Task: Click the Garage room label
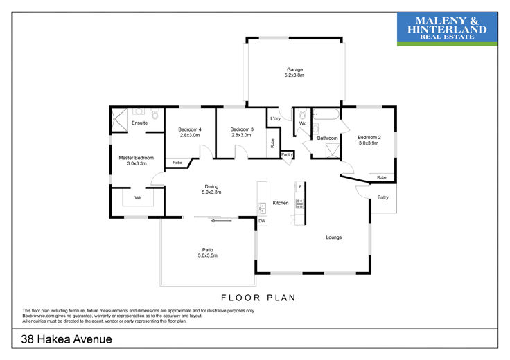pyautogui.click(x=294, y=69)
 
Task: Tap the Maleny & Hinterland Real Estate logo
pyautogui.click(x=447, y=29)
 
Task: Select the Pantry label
pyautogui.click(x=287, y=154)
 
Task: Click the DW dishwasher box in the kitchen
pyautogui.click(x=262, y=221)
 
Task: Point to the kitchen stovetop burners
pyautogui.click(x=299, y=204)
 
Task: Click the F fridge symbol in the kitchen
pyautogui.click(x=300, y=186)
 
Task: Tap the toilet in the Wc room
pyautogui.click(x=303, y=114)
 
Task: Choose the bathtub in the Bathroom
pyautogui.click(x=326, y=114)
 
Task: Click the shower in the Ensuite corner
pyautogui.click(x=119, y=120)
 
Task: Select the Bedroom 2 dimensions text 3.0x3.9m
pyautogui.click(x=369, y=143)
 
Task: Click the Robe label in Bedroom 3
pyautogui.click(x=272, y=143)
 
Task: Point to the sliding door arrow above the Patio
pyautogui.click(x=222, y=221)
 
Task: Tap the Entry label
pyautogui.click(x=382, y=197)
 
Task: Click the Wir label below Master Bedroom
pyautogui.click(x=138, y=197)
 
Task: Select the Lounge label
pyautogui.click(x=334, y=237)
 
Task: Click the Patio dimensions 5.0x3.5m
pyautogui.click(x=207, y=255)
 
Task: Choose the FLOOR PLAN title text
pyautogui.click(x=258, y=298)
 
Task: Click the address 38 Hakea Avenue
pyautogui.click(x=67, y=339)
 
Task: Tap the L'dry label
pyautogui.click(x=275, y=118)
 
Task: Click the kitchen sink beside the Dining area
pyautogui.click(x=262, y=208)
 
